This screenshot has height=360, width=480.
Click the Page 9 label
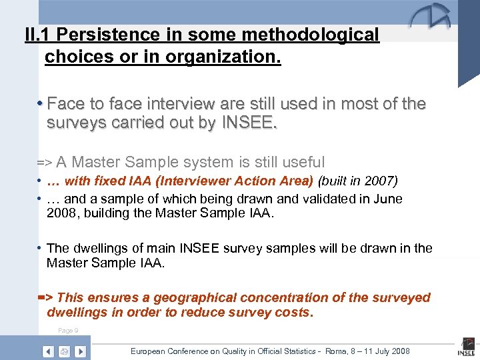[68, 331]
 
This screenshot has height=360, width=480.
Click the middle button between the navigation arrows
[65, 351]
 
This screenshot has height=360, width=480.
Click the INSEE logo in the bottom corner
[465, 347]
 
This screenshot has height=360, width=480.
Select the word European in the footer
[151, 351]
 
